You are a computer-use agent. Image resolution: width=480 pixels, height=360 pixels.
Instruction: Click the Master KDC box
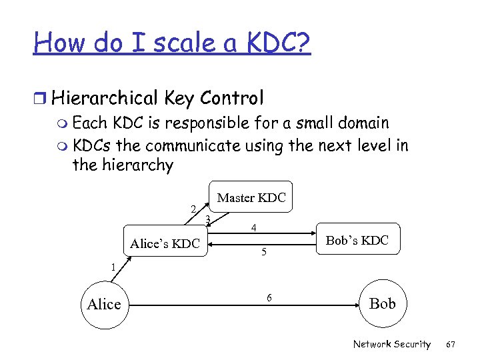pyautogui.click(x=251, y=197)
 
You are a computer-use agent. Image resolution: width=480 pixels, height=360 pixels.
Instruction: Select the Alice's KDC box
pyautogui.click(x=165, y=243)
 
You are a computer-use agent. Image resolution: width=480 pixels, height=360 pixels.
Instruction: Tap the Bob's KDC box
pyautogui.click(x=357, y=240)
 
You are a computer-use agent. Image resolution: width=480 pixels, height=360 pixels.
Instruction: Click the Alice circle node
pyautogui.click(x=104, y=305)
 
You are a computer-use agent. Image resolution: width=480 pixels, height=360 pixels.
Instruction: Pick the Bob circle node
pyautogui.click(x=382, y=304)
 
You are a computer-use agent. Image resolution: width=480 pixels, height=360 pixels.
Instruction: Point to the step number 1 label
pyautogui.click(x=113, y=267)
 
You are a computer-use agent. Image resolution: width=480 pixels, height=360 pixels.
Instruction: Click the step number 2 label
pyautogui.click(x=193, y=209)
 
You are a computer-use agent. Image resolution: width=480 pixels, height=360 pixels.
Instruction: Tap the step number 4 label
pyautogui.click(x=254, y=228)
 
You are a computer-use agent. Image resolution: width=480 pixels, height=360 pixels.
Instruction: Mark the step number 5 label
pyautogui.click(x=264, y=252)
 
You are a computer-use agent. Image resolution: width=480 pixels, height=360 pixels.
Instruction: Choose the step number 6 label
pyautogui.click(x=269, y=297)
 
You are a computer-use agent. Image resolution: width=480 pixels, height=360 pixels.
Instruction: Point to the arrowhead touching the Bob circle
pyautogui.click(x=355, y=305)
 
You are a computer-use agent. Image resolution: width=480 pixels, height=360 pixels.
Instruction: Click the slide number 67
pyautogui.click(x=451, y=344)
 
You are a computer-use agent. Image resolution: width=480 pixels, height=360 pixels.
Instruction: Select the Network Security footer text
pyautogui.click(x=391, y=344)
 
